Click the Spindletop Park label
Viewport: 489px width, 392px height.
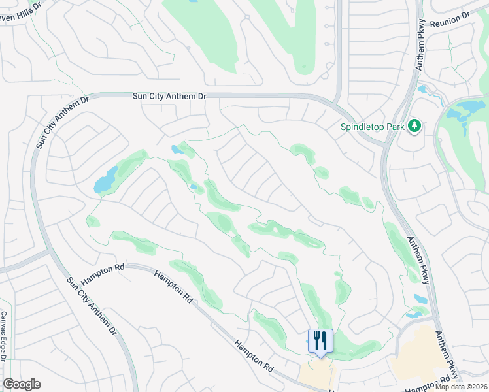click(371, 127)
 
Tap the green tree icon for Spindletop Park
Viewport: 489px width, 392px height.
click(413, 125)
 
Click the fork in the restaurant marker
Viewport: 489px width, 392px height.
click(316, 340)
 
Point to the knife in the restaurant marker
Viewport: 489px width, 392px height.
click(324, 340)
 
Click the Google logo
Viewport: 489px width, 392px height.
click(22, 384)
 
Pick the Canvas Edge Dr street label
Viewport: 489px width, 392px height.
click(4, 336)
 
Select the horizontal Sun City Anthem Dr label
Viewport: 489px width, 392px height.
click(169, 96)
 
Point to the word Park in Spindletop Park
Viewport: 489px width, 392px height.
click(393, 127)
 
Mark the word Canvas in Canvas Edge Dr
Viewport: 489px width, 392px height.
click(4, 323)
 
